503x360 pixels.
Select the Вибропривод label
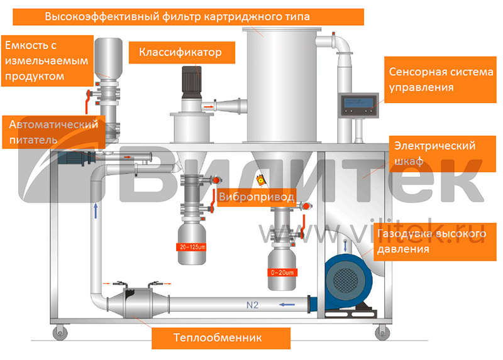coord(256,197)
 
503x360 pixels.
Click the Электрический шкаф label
coord(434,153)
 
